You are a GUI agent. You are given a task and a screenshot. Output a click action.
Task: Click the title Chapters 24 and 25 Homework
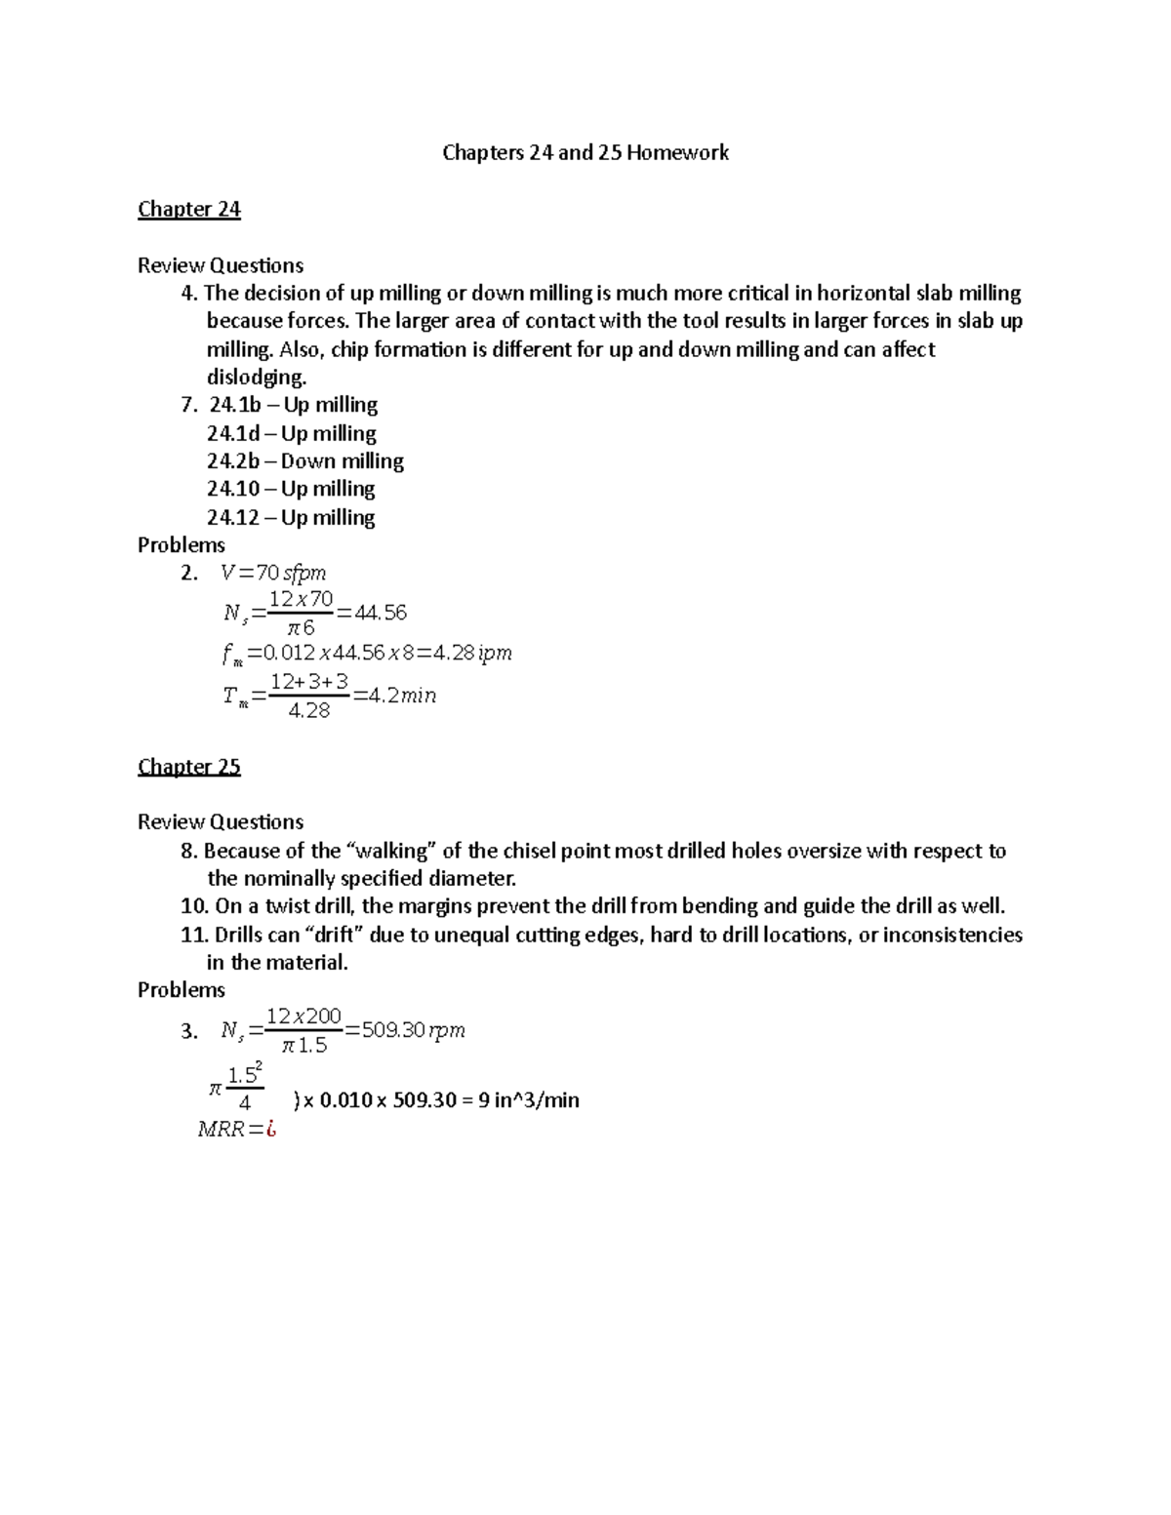click(585, 153)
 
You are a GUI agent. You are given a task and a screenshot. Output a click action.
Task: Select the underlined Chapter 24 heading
click(188, 210)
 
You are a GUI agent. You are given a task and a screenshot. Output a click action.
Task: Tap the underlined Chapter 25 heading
click(188, 767)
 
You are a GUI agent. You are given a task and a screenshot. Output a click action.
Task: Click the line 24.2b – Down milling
click(304, 461)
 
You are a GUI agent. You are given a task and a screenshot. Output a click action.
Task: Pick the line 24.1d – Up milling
click(291, 433)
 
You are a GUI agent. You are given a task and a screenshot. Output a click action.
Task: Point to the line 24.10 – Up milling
click(291, 489)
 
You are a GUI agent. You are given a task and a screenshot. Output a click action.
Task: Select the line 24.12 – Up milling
click(291, 517)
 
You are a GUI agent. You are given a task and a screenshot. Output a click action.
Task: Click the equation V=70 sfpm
click(273, 574)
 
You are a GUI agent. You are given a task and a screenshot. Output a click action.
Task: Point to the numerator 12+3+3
click(309, 681)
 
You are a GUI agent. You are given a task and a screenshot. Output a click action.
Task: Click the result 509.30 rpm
click(413, 1030)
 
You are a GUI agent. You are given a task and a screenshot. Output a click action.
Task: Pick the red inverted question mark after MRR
click(271, 1131)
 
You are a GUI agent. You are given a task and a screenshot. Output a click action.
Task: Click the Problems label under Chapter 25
click(182, 990)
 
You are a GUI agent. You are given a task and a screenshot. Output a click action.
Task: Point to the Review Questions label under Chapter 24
click(221, 265)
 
